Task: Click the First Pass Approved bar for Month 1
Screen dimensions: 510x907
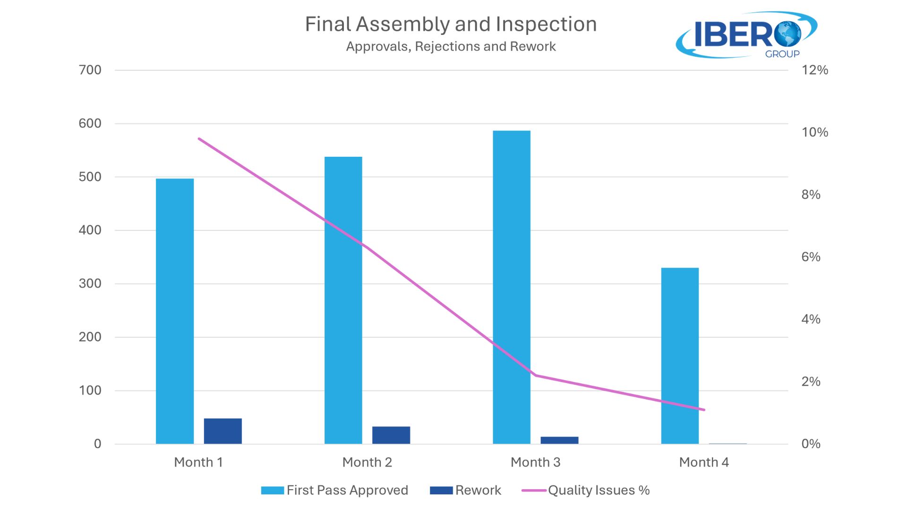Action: tap(175, 311)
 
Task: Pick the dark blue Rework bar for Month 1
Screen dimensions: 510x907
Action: tap(223, 431)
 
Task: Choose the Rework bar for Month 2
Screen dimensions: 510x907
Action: tap(391, 435)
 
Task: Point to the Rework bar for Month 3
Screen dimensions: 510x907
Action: tap(559, 440)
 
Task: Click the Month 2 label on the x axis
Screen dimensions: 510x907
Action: tap(367, 462)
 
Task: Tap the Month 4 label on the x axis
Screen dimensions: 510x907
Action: tap(704, 462)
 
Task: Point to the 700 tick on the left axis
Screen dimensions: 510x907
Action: tap(90, 70)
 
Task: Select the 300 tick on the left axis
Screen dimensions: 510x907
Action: tap(90, 284)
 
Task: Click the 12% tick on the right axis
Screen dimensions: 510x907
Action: tap(815, 70)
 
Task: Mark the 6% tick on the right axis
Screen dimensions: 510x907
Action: tap(811, 257)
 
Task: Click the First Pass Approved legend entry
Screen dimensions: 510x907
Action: tap(335, 490)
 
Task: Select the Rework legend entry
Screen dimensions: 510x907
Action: tap(466, 490)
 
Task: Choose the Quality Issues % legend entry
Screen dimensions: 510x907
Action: tap(586, 490)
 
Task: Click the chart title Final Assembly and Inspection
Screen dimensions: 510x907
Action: tap(451, 25)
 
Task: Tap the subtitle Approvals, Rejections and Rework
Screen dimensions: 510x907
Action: tap(451, 47)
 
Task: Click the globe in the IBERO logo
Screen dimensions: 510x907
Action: tap(787, 34)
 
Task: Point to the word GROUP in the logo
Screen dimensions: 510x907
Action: tap(782, 54)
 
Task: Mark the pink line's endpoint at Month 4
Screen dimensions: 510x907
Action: tap(704, 410)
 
